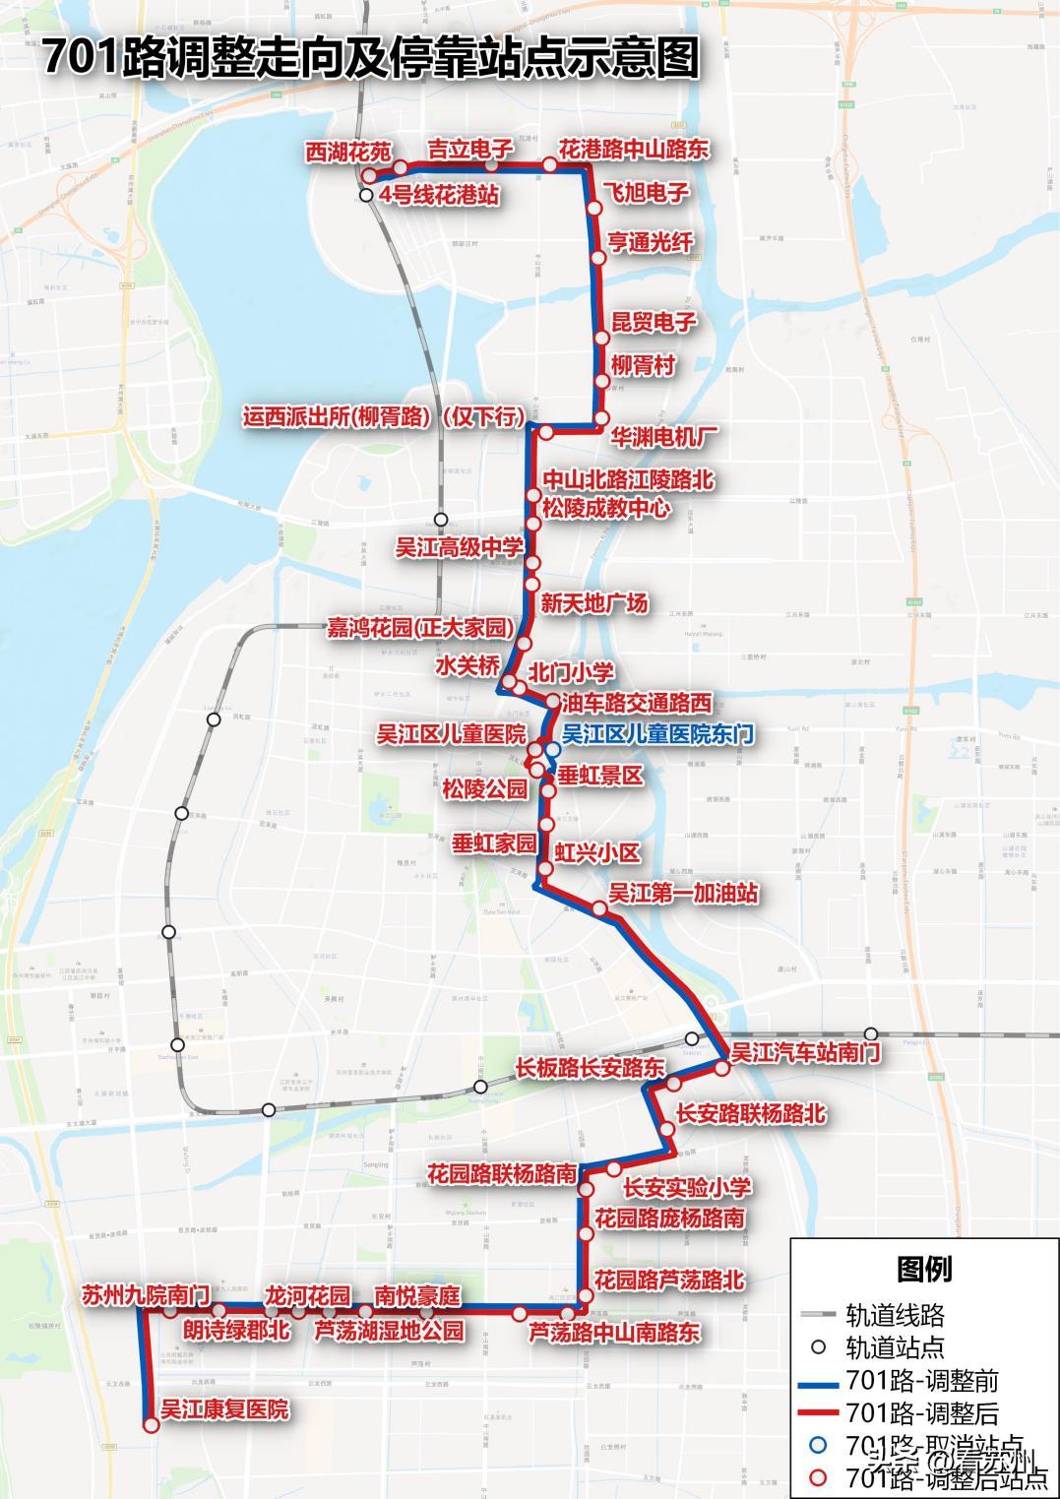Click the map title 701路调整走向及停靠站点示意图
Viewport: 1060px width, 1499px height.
coord(370,58)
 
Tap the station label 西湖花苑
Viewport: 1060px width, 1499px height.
coord(347,152)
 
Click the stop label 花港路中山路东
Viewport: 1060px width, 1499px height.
coord(634,149)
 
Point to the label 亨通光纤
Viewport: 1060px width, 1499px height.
coord(651,242)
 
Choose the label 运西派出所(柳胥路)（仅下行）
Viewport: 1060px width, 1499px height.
coord(383,416)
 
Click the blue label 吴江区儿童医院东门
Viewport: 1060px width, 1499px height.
coord(657,733)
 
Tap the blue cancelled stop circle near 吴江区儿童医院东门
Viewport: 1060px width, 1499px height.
coord(552,749)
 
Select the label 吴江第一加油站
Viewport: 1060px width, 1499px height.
coord(683,893)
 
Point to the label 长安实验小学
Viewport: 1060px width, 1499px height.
coord(687,1187)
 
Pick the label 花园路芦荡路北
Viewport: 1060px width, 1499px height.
coord(669,1280)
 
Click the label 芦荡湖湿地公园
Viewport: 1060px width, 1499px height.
coord(389,1331)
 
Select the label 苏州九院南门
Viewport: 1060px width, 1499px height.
coord(146,1295)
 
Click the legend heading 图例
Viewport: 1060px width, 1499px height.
coord(923,1269)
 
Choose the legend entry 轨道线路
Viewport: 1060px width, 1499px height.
coord(895,1313)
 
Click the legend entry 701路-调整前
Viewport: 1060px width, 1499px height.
coord(921,1381)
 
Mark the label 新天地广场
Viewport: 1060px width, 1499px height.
coord(594,602)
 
